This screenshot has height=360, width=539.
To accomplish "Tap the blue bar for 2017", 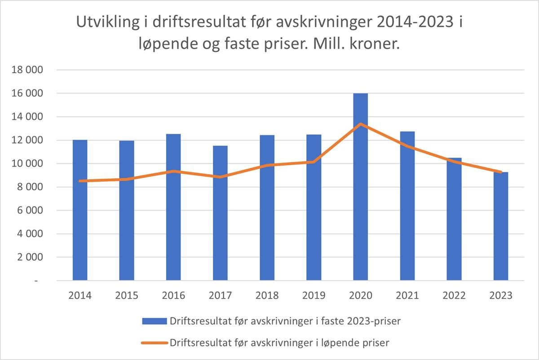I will (x=220, y=213).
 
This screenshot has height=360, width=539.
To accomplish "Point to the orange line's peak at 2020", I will (x=360, y=124).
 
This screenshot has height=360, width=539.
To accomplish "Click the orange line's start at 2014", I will (x=80, y=181).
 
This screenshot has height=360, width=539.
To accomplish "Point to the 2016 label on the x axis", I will (x=173, y=295).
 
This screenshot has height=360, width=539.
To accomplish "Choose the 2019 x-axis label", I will (x=314, y=295).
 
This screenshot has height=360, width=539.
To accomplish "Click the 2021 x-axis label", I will (x=407, y=295).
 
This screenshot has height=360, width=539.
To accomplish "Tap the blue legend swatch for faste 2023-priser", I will (x=154, y=321).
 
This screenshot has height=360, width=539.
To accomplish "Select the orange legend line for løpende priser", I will (x=154, y=342).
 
